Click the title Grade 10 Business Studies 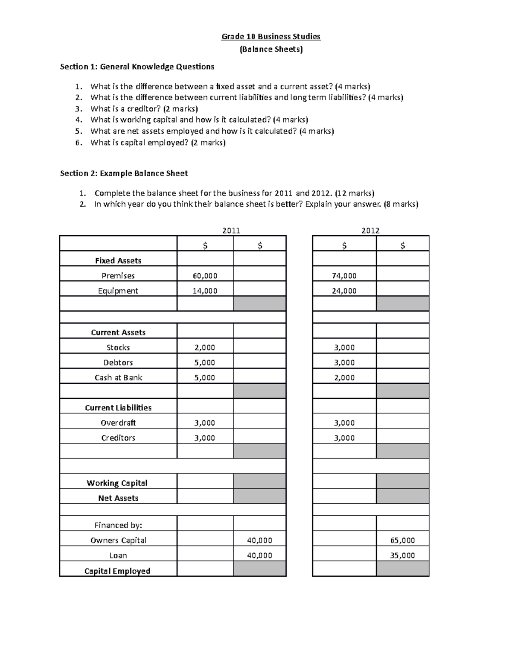(x=271, y=37)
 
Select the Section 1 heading (x=137, y=67)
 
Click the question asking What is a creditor (x=144, y=108)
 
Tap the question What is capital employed (x=158, y=143)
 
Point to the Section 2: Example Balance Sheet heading (x=124, y=173)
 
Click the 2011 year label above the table (x=231, y=231)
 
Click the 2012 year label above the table (x=370, y=231)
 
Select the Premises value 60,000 (x=205, y=276)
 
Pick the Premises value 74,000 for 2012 (x=344, y=276)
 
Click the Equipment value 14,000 (x=205, y=291)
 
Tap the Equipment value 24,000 (x=344, y=291)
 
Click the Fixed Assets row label (x=118, y=260)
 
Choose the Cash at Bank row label (x=118, y=377)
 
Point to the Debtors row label (x=118, y=362)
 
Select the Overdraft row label (x=118, y=423)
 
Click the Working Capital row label (x=117, y=483)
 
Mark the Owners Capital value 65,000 (x=402, y=540)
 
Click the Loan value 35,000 (x=402, y=555)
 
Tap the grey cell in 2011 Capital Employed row (x=259, y=569)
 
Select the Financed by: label (x=118, y=525)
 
